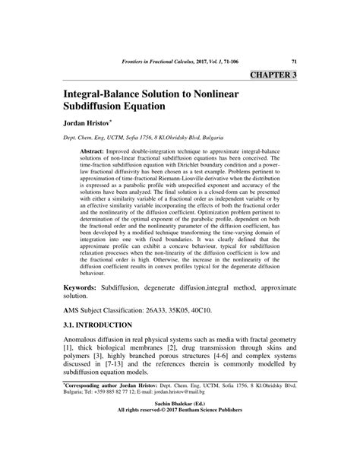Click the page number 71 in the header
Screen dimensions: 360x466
tap(292, 61)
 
